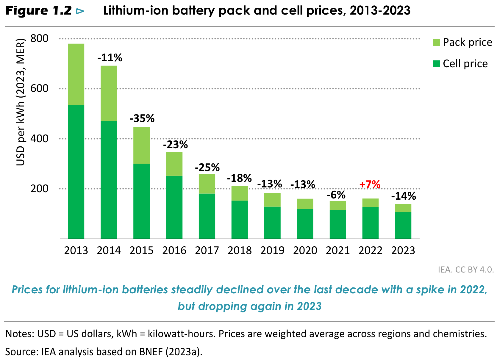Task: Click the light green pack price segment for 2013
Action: point(76,74)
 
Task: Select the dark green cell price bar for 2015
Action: point(141,201)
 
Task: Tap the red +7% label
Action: point(370,184)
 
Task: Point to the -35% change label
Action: point(142,118)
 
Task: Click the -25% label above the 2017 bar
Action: point(207,168)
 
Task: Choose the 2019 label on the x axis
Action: point(272,251)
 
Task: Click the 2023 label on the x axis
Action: point(403,251)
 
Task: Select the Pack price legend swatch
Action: point(437,42)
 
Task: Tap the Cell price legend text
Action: point(465,64)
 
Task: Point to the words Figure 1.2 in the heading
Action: point(39,11)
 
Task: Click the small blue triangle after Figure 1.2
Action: point(80,11)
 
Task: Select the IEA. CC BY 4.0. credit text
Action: point(466,270)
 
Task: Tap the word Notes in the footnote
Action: point(18,334)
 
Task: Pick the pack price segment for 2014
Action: point(109,93)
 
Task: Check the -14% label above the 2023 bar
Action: point(403,196)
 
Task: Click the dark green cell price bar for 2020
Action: point(305,223)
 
